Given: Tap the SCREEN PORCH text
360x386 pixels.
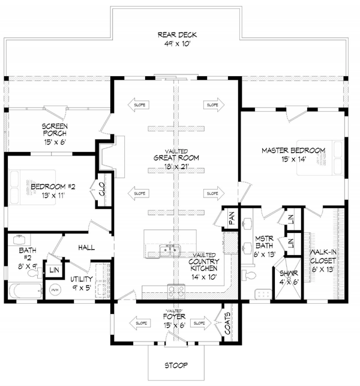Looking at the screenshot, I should [54, 130].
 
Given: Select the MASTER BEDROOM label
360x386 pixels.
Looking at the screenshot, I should [293, 150].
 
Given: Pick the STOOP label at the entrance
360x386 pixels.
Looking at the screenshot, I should [176, 364].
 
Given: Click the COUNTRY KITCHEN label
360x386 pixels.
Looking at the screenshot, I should [203, 262].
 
